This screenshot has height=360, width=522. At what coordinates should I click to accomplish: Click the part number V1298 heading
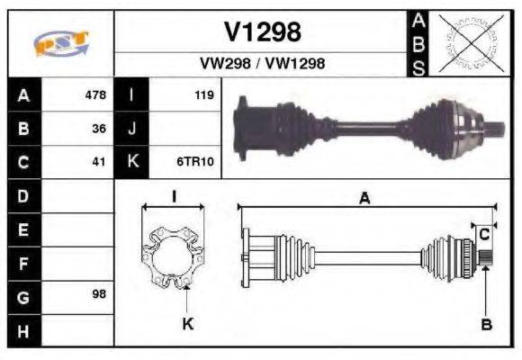(262, 31)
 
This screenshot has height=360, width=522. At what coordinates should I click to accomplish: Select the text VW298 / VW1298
(262, 64)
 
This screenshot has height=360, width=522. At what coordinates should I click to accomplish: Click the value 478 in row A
(94, 94)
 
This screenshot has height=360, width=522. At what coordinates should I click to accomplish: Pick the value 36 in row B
(99, 129)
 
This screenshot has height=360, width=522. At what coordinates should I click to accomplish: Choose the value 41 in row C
(99, 163)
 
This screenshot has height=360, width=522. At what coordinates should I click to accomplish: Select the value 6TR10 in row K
(195, 163)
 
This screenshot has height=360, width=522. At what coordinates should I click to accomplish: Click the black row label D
(23, 195)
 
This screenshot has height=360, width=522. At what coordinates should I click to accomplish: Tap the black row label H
(23, 330)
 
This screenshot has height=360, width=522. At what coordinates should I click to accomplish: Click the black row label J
(132, 129)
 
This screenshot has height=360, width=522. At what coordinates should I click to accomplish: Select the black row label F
(23, 264)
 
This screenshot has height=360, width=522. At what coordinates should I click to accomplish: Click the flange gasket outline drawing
(174, 257)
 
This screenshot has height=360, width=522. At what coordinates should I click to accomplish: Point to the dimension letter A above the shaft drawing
(364, 200)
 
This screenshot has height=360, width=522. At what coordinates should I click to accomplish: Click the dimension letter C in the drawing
(484, 234)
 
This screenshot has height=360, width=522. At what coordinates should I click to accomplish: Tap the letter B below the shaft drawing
(485, 324)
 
